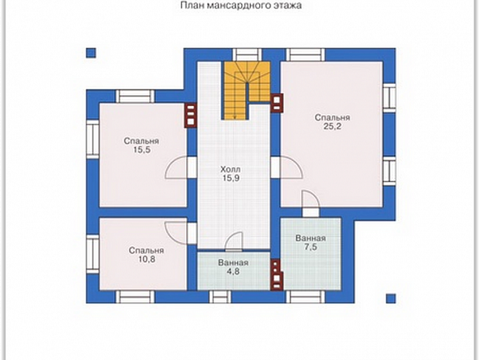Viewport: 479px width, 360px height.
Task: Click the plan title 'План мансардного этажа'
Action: pos(241,5)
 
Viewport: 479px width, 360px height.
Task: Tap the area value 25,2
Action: pos(332,126)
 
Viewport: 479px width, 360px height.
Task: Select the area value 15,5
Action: pos(141,150)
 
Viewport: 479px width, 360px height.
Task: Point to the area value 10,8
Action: pos(147,259)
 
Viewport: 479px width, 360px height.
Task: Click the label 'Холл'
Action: pos(230,169)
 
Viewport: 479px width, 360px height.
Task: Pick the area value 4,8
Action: pos(233,272)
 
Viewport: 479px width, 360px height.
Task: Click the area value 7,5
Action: pos(311,247)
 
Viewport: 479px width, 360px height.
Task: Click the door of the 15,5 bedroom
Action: pos(176,167)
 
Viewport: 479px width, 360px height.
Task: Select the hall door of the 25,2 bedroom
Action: pos(291,167)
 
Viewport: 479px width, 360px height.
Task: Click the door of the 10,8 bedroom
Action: pos(176,233)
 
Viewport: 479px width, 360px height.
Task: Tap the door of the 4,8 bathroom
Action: pos(234,241)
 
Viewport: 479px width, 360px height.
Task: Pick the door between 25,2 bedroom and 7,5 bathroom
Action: pos(311,200)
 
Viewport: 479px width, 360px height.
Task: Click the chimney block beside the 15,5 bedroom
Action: pos(190,116)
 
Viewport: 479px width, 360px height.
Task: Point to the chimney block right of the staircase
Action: pos(277,103)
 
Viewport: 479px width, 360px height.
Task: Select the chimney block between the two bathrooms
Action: pos(277,274)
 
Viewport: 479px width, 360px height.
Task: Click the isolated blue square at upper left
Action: pos(91,53)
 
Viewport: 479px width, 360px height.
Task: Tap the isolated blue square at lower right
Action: pos(391,299)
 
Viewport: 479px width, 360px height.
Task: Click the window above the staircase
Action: pos(247,54)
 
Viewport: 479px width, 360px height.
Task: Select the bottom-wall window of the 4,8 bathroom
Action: pos(220,296)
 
